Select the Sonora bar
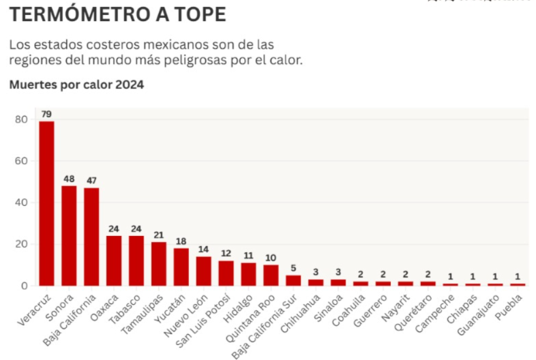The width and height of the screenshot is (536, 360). (x=69, y=235)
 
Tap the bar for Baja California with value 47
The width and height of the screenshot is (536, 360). (x=91, y=237)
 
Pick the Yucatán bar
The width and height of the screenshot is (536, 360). (x=181, y=267)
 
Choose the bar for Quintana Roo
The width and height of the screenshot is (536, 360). (x=271, y=275)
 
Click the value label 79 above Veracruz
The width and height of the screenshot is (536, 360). (x=46, y=114)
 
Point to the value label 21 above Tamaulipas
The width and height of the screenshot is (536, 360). (x=159, y=235)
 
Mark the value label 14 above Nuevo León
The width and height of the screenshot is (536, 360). (x=204, y=250)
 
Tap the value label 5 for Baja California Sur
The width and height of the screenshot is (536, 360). (x=294, y=268)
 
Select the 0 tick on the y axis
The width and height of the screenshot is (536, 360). (x=24, y=286)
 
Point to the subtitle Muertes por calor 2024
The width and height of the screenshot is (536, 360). (x=76, y=85)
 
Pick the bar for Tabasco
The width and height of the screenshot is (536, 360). (x=136, y=260)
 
